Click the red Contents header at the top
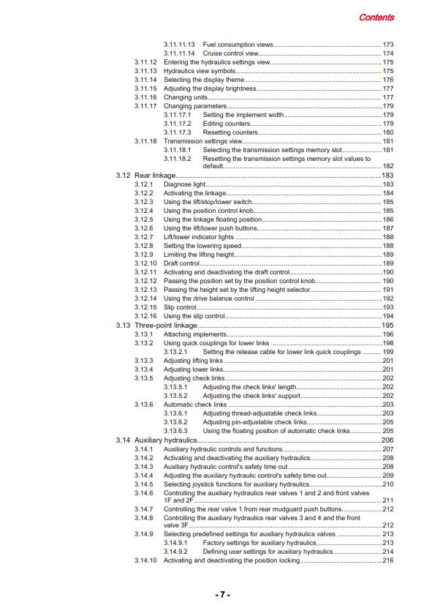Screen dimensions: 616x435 pyautogui.click(x=377, y=17)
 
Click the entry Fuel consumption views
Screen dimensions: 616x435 pyautogui.click(x=238, y=45)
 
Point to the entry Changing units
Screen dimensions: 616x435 pyautogui.click(x=184, y=97)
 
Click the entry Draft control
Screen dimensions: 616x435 pyautogui.click(x=181, y=263)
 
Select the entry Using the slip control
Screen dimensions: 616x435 pyautogui.click(x=194, y=315)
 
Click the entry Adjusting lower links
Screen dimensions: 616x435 pyautogui.click(x=193, y=369)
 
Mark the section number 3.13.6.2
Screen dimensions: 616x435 pyautogui.click(x=176, y=422)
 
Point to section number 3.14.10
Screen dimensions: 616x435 pyautogui.click(x=145, y=560)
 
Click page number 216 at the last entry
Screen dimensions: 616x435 pyautogui.click(x=387, y=560)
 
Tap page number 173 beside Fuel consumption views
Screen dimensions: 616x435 pyautogui.click(x=387, y=45)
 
